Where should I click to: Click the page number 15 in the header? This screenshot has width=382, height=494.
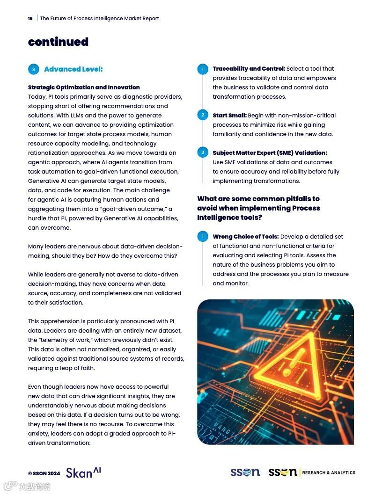click(30, 19)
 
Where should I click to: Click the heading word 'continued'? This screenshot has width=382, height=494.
click(58, 42)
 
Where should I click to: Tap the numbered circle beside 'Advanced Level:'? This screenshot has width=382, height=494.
click(33, 69)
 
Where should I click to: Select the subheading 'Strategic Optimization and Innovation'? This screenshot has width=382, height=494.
click(84, 87)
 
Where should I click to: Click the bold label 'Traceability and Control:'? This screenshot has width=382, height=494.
click(249, 69)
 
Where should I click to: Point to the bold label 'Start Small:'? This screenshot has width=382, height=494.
click(229, 116)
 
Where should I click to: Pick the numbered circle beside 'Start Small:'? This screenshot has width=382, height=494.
click(203, 115)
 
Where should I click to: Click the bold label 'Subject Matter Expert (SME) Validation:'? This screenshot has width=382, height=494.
click(270, 153)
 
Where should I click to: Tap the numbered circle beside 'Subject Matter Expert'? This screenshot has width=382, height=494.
click(203, 153)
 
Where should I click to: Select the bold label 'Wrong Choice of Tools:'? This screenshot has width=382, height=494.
click(245, 237)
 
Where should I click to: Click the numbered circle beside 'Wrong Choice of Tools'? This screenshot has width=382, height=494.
click(203, 236)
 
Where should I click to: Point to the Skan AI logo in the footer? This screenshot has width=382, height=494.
click(83, 472)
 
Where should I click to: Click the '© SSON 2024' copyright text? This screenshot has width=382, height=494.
click(44, 473)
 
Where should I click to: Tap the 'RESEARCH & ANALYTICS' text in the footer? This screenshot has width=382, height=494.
click(329, 473)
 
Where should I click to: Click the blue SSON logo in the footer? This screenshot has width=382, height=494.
click(245, 472)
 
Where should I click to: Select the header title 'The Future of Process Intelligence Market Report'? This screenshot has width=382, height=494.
click(100, 19)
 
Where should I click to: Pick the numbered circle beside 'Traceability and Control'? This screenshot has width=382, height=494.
click(203, 69)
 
